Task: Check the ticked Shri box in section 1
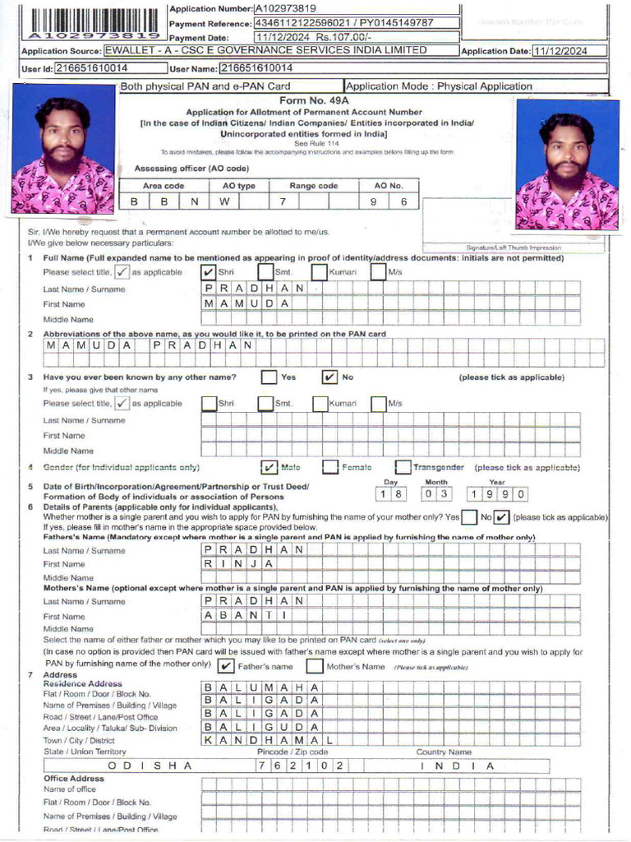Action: click(209, 272)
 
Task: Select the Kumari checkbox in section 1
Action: click(320, 272)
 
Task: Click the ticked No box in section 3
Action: click(329, 377)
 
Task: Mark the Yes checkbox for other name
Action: click(269, 377)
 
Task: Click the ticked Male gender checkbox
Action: click(269, 467)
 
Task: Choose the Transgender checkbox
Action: click(403, 467)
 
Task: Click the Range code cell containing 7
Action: click(283, 201)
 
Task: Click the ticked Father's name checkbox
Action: click(225, 666)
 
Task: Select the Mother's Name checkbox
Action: click(314, 666)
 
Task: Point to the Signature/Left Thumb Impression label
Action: click(514, 248)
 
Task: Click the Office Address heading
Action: click(74, 778)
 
